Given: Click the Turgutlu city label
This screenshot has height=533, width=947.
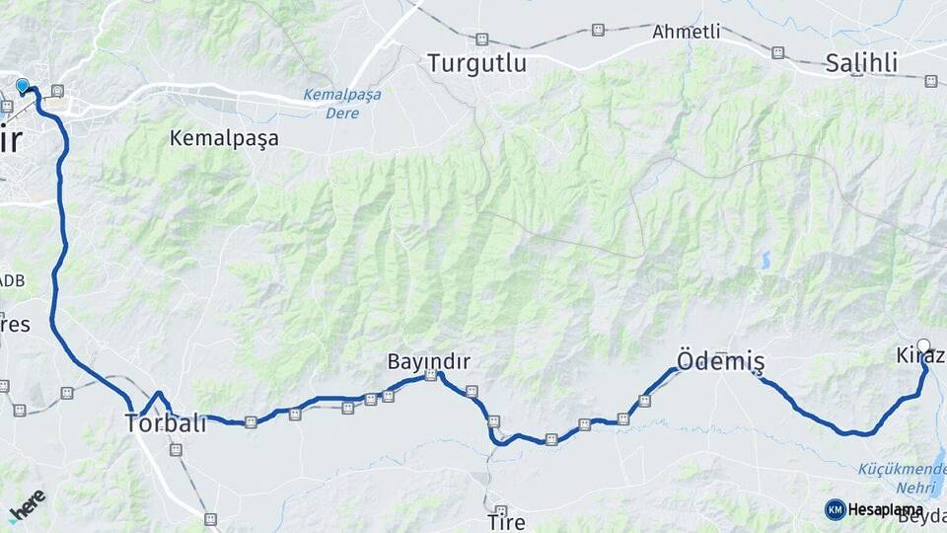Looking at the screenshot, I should coord(476,63).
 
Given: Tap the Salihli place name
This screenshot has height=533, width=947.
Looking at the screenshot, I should coord(861,63).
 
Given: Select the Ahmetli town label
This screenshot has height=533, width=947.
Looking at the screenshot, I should coord(686,33).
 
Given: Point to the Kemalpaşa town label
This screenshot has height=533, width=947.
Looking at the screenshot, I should coord(224,138).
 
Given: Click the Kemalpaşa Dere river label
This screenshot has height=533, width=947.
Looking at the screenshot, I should coord(342,104).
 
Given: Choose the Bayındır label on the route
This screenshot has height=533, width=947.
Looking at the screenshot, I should coord(428,362).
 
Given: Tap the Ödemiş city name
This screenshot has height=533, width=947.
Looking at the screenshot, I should coord(720,361).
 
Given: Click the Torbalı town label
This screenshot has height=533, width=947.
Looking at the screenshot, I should coord(166,423).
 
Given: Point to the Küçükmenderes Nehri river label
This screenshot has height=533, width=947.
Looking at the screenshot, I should coord(901,478).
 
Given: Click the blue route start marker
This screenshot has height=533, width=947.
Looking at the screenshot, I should coord(23,86).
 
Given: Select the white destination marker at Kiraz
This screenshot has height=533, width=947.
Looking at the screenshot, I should coord(923,345).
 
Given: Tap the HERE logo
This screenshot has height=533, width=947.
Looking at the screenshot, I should coord(27,504).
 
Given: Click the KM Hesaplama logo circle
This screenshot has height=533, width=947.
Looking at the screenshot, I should coord(835,509).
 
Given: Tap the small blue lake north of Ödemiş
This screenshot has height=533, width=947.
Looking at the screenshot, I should coord(765,260).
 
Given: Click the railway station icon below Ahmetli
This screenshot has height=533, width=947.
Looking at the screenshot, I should coord(777,51).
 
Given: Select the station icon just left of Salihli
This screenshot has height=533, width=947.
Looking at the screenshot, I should coord(777,51).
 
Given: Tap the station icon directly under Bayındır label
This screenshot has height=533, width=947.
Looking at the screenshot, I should coord(430,376).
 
